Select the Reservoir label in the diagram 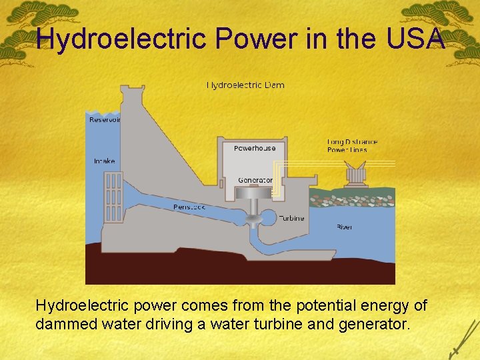click(x=105, y=120)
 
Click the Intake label click(x=105, y=161)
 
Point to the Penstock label click(x=189, y=207)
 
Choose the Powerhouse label click(x=255, y=148)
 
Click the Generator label click(x=255, y=180)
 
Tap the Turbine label click(x=291, y=218)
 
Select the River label click(x=344, y=227)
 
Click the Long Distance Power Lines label click(x=352, y=145)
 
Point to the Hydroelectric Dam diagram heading click(x=245, y=85)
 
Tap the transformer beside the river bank click(x=356, y=176)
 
